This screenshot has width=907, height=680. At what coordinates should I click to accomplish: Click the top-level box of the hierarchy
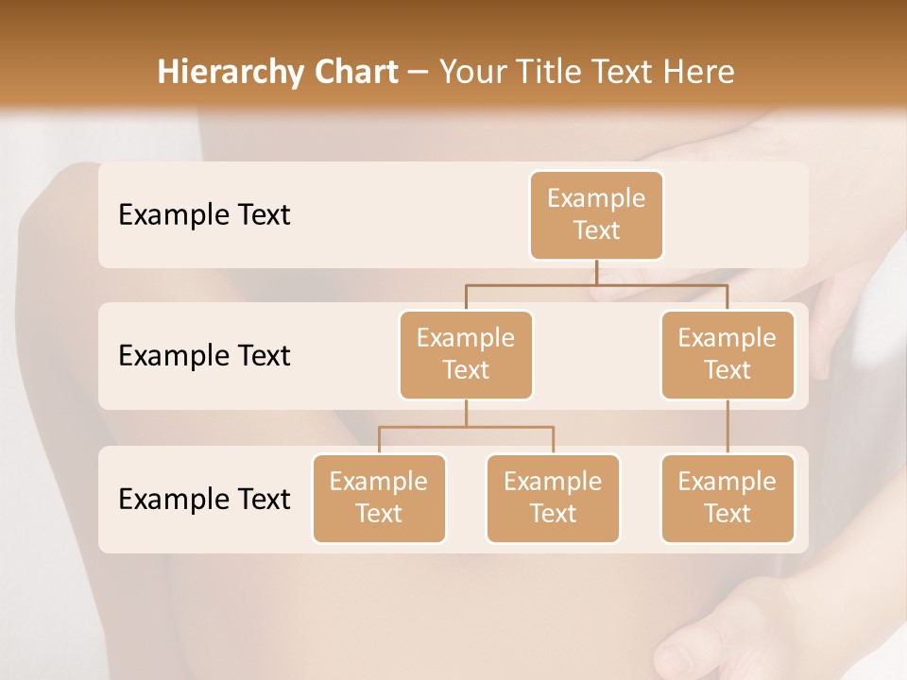tap(596, 214)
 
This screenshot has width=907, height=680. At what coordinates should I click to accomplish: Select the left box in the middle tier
tap(466, 354)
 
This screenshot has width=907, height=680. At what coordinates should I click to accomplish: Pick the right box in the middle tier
tap(727, 354)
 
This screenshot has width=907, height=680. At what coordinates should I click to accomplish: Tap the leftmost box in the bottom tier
tap(379, 498)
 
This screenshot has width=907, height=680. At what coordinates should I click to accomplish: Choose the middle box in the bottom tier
tap(553, 498)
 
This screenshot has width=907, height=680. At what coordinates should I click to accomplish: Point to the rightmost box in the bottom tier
tap(727, 498)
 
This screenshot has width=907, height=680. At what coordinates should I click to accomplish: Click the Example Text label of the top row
tap(204, 215)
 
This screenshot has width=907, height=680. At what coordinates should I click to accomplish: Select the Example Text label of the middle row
tap(204, 356)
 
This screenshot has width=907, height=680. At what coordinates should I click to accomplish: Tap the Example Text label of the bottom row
tap(204, 499)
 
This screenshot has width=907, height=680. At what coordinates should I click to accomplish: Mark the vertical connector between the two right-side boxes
tap(727, 427)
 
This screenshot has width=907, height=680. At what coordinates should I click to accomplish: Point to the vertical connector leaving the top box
tap(596, 272)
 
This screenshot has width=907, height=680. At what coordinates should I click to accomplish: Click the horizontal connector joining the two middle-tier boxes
tap(596, 284)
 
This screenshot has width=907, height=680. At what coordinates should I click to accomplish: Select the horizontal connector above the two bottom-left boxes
tap(466, 427)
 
